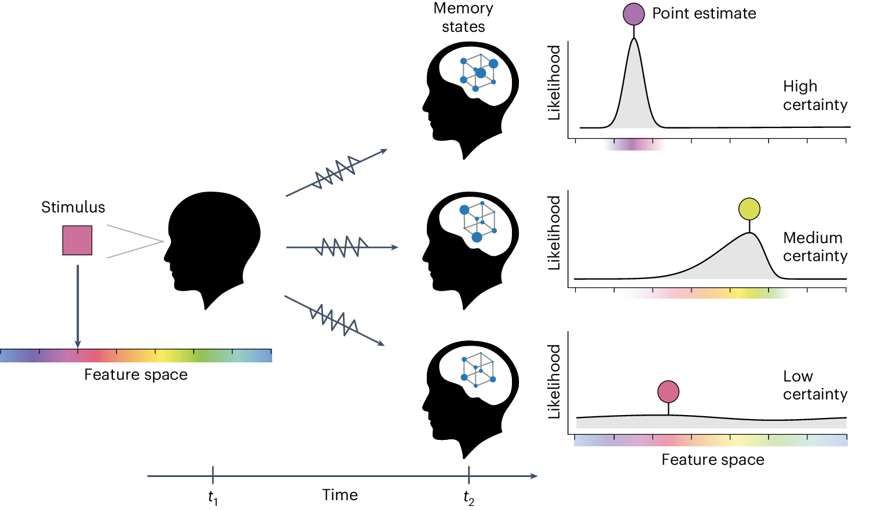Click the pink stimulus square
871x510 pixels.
click(x=77, y=240)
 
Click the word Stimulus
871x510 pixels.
click(x=73, y=207)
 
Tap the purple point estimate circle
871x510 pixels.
click(x=634, y=14)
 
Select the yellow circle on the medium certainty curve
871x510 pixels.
click(x=749, y=209)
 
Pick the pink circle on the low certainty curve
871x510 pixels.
click(x=668, y=392)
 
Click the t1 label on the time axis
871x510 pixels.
click(x=213, y=497)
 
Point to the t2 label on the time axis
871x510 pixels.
click(x=469, y=497)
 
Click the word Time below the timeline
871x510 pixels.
click(x=340, y=495)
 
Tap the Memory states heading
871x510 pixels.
click(x=463, y=17)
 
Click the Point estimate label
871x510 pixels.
click(x=704, y=13)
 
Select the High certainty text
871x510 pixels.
click(x=815, y=96)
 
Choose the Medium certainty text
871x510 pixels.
click(x=815, y=247)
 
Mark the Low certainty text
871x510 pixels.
click(x=815, y=385)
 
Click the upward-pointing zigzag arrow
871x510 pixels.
click(x=336, y=173)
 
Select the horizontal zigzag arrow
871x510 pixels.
click(x=342, y=247)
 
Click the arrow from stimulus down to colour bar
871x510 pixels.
click(x=78, y=307)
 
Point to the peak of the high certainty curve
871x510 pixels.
click(x=634, y=39)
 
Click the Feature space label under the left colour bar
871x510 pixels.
click(x=136, y=375)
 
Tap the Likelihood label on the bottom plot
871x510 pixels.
click(x=555, y=381)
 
